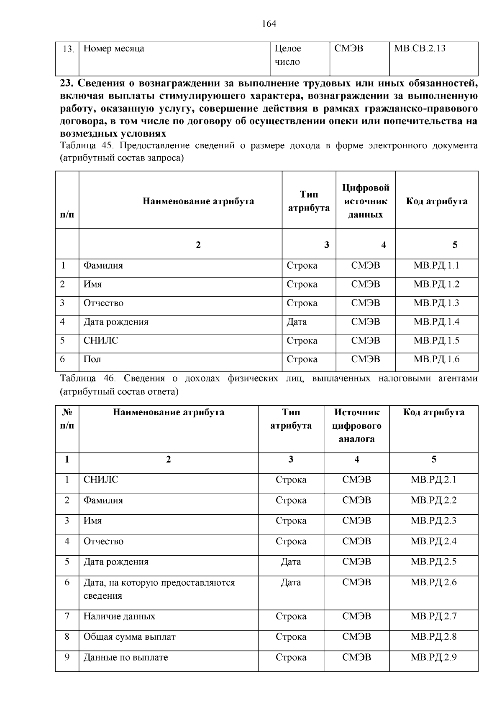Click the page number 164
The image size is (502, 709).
click(269, 24)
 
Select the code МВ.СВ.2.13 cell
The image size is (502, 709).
click(420, 48)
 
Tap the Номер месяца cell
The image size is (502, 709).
click(114, 48)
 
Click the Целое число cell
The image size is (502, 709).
click(287, 55)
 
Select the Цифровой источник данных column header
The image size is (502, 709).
click(366, 201)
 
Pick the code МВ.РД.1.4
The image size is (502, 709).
click(436, 322)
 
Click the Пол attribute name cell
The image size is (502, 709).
click(92, 359)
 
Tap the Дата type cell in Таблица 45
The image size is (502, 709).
click(297, 322)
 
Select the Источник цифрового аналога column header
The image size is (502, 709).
click(356, 425)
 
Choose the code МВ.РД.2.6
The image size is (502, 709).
click(433, 582)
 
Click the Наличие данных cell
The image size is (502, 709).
click(119, 616)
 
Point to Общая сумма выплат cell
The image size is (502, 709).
click(129, 637)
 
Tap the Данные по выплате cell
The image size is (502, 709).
click(125, 657)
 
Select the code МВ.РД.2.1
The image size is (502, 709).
click(433, 480)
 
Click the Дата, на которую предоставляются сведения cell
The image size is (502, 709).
click(159, 589)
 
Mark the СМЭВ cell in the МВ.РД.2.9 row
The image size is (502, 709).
click(356, 657)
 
